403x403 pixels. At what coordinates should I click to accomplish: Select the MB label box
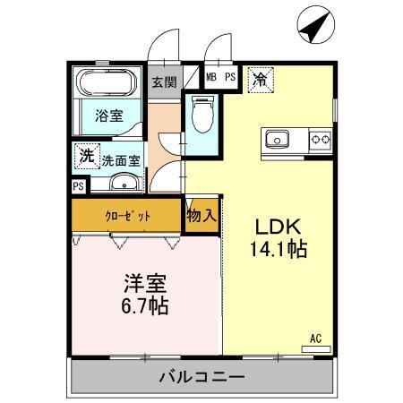click(212, 78)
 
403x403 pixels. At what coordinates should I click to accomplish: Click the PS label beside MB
click(229, 78)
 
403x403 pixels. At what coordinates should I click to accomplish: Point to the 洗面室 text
click(119, 161)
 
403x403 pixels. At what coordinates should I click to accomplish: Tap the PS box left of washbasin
click(78, 186)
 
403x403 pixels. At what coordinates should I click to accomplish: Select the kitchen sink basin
click(276, 139)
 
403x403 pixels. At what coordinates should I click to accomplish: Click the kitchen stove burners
click(320, 139)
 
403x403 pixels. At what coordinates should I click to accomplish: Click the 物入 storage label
click(201, 216)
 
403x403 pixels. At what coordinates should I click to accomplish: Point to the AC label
click(315, 338)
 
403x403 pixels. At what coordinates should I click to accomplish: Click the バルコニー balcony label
click(202, 376)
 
